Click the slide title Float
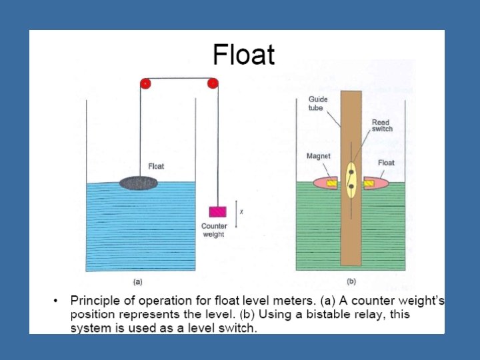[243, 55]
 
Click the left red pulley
[145, 83]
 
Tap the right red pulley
[213, 83]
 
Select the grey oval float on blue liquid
[139, 182]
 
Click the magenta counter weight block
[218, 211]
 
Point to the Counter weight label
[214, 230]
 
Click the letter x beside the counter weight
[241, 212]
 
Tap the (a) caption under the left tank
[138, 281]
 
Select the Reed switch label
[382, 125]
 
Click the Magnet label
[318, 156]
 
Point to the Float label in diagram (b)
[386, 163]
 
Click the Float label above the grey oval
[155, 166]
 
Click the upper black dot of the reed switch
[351, 172]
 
